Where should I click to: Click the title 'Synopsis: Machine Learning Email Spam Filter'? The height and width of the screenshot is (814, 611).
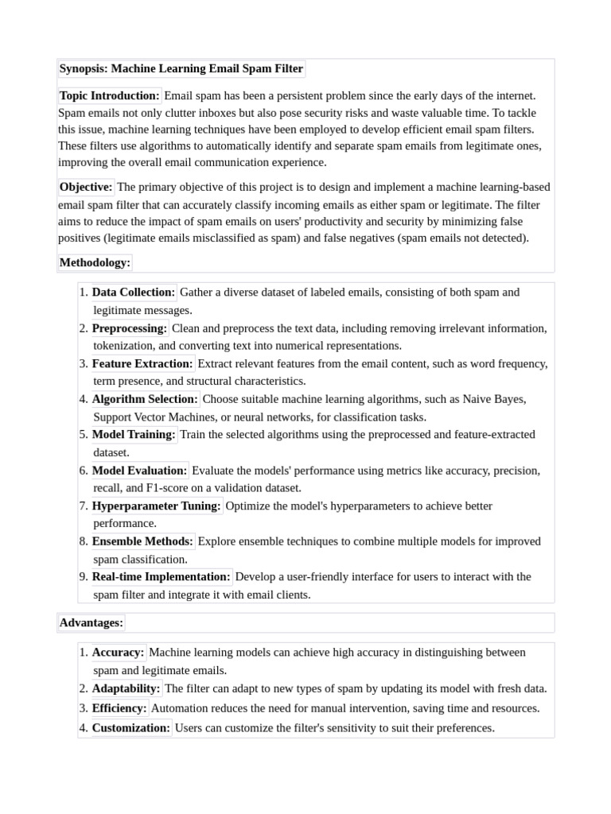[x=181, y=69]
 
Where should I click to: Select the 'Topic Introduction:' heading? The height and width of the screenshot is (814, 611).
[x=110, y=96]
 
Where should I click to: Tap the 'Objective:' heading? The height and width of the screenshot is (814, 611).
[x=86, y=188]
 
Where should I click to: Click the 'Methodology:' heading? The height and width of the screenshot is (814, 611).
[x=95, y=263]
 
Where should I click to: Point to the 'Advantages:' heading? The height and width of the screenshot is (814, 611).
[x=91, y=623]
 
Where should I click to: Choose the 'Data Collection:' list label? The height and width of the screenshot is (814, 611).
[x=134, y=293]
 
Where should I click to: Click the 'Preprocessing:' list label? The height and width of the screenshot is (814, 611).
[x=130, y=328]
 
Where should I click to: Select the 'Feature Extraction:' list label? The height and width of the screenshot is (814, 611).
[x=142, y=364]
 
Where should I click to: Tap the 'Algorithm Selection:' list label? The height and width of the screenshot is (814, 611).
[x=145, y=399]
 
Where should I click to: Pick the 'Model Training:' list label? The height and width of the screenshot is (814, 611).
[x=134, y=435]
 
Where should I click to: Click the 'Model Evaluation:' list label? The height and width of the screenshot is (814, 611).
[x=139, y=471]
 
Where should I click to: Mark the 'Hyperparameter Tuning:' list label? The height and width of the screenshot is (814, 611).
[x=157, y=506]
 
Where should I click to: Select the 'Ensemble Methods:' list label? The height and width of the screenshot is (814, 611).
[x=142, y=541]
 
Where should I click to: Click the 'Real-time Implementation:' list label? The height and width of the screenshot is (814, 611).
[x=162, y=577]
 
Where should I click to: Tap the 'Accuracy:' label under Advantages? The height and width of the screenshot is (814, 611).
[x=119, y=653]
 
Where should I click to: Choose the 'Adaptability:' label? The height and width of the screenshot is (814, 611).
[x=126, y=688]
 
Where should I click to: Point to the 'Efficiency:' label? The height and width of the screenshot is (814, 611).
[x=119, y=708]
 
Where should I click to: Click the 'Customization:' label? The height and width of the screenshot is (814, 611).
[x=131, y=728]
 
